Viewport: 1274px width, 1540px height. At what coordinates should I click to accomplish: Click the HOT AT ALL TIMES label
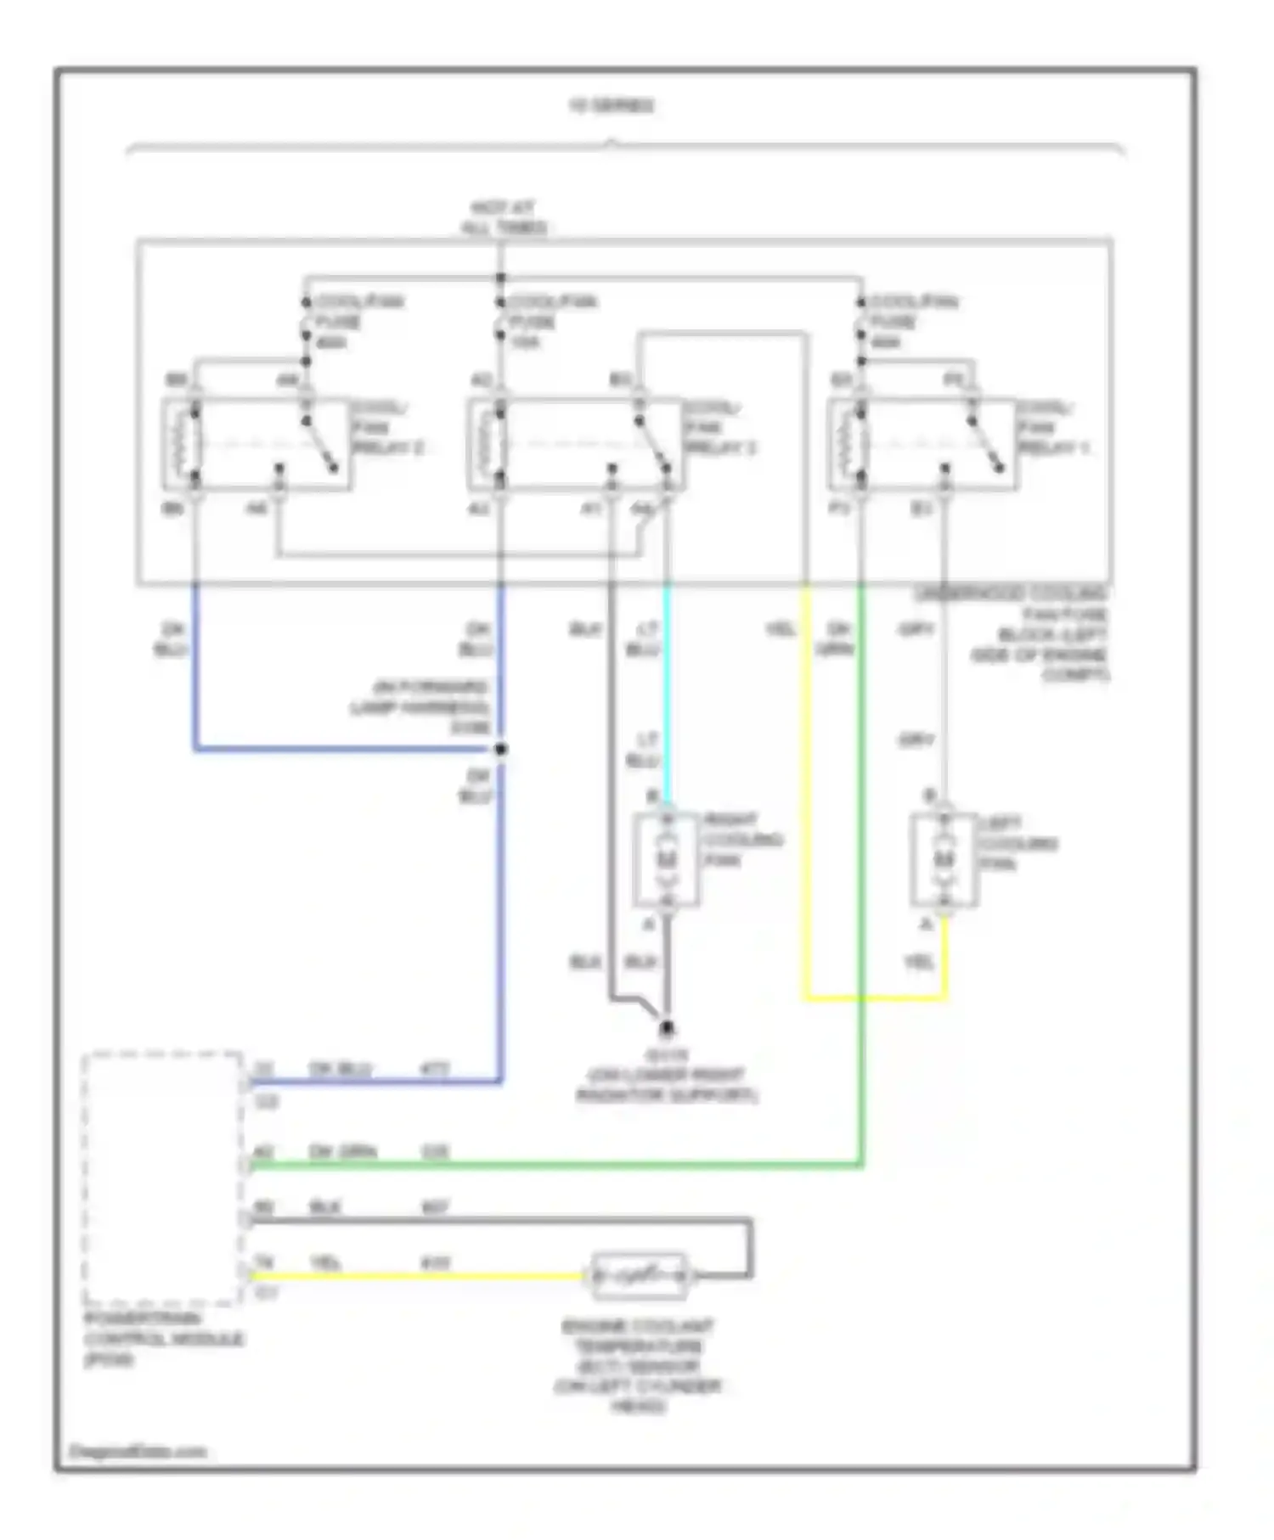[x=503, y=217]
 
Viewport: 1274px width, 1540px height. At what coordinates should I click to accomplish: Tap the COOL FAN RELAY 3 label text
[x=719, y=428]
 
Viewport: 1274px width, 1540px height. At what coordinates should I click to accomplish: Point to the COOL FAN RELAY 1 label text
[x=1053, y=428]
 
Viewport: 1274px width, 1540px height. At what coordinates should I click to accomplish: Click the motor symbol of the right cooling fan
[x=667, y=859]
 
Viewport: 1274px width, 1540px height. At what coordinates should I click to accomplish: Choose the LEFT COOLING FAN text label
[x=1018, y=843]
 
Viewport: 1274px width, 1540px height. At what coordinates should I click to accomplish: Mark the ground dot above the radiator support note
[x=667, y=1029]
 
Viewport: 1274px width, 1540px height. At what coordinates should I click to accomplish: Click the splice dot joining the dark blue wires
[x=501, y=749]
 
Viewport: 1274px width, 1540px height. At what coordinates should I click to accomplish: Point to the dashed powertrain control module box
[x=161, y=1177]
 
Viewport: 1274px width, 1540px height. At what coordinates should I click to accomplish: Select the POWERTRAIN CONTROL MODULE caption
[x=163, y=1339]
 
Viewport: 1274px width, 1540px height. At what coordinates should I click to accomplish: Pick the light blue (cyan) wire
[x=667, y=688]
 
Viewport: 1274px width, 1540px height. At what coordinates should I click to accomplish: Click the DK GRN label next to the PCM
[x=342, y=1152]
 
